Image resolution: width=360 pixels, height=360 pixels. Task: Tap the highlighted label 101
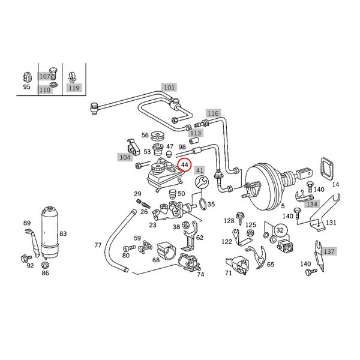(169, 88)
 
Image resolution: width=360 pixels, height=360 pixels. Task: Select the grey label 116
(213, 113)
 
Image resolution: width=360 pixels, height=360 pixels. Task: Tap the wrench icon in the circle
(201, 185)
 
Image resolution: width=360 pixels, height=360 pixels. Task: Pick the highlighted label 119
(74, 88)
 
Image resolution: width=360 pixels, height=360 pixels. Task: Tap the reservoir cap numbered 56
(158, 135)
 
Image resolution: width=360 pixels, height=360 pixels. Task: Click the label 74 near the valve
(200, 274)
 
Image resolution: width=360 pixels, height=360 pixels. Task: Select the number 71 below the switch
(228, 273)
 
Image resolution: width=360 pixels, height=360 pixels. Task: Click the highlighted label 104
(124, 157)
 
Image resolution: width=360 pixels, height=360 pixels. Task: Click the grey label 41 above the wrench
(200, 170)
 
